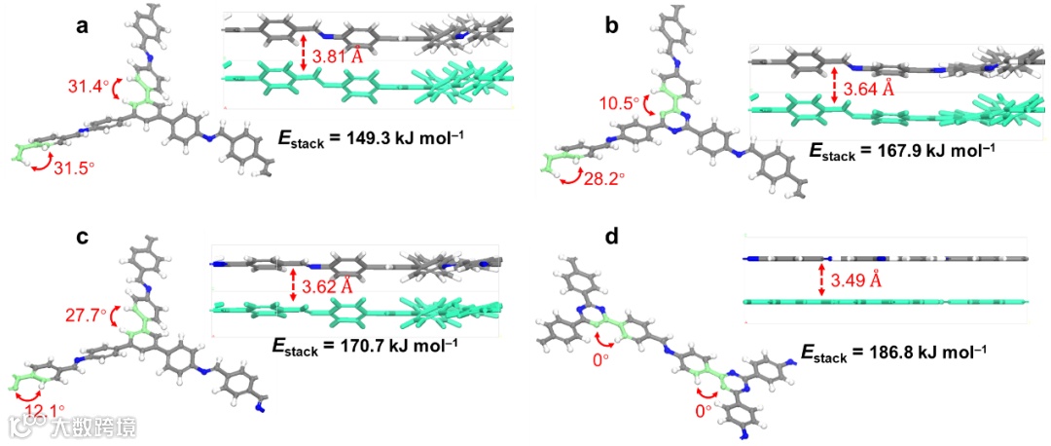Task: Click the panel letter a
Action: coord(83,26)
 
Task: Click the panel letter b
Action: coord(611,26)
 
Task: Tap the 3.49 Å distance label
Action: coord(852,281)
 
